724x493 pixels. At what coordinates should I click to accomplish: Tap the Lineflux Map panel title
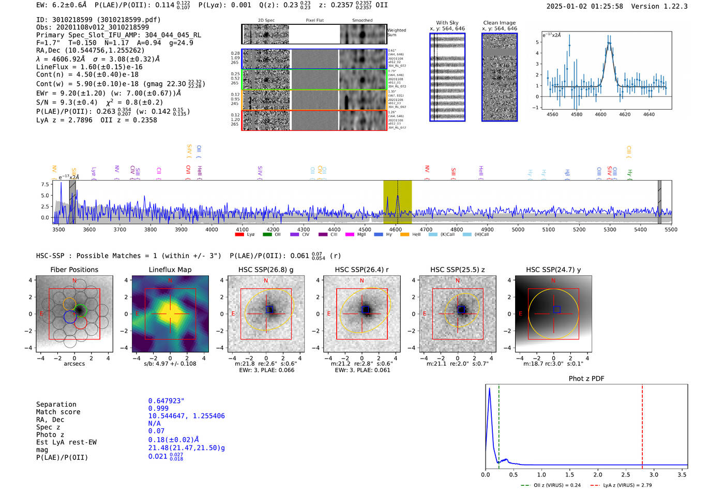click(170, 270)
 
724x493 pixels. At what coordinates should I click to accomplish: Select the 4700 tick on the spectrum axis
click(426, 229)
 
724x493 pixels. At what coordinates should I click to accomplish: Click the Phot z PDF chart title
click(586, 378)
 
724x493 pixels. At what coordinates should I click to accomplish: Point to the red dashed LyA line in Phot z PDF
click(642, 424)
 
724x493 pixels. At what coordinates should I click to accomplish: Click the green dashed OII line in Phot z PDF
click(499, 424)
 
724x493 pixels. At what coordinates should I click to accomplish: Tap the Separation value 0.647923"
click(166, 401)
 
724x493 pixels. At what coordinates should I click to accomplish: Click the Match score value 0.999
click(158, 408)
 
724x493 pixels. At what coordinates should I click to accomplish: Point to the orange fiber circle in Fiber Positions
click(69, 304)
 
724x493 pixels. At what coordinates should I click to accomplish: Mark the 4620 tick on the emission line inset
click(625, 114)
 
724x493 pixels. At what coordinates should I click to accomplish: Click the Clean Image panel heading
click(499, 23)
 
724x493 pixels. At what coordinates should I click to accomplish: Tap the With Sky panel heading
click(447, 23)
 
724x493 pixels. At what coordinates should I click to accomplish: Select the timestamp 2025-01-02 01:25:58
click(584, 6)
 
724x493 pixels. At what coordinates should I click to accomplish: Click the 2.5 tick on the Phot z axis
click(626, 474)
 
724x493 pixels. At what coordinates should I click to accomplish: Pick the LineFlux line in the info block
click(89, 67)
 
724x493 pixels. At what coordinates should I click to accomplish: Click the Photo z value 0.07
click(156, 431)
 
